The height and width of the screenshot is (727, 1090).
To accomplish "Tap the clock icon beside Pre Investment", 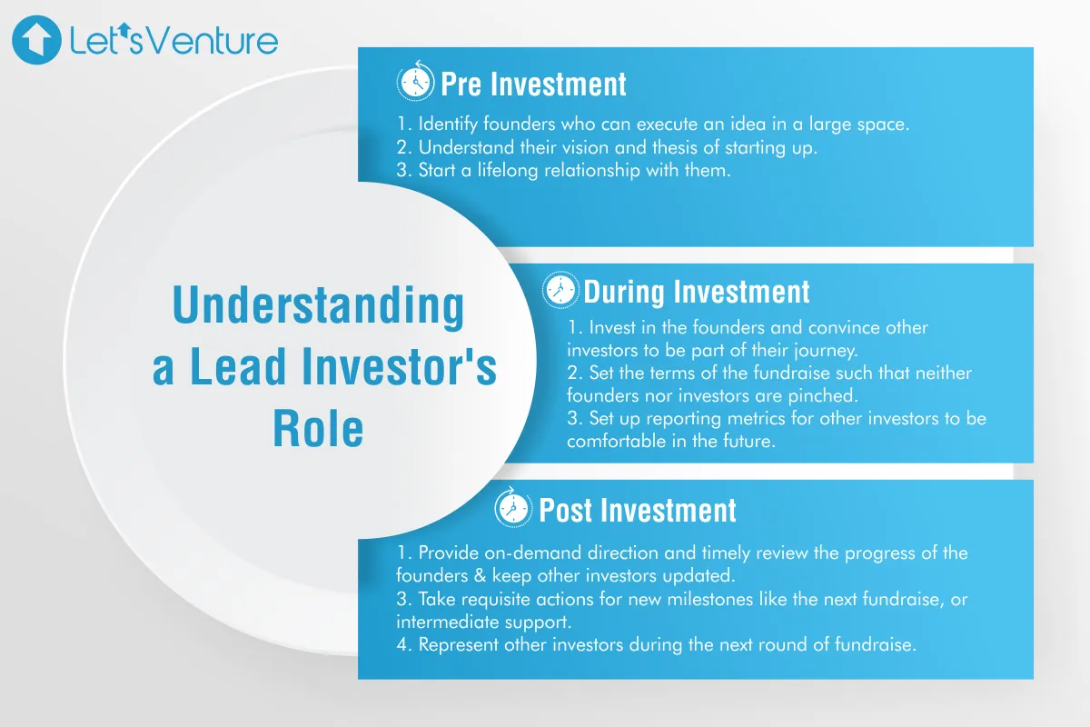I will click(x=415, y=84).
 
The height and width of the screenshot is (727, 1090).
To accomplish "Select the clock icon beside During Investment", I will click(x=560, y=292).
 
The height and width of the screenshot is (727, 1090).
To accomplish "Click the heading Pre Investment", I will click(x=533, y=85).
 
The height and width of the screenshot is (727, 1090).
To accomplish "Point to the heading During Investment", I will click(x=696, y=292).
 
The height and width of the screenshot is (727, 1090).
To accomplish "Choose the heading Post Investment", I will click(x=638, y=510).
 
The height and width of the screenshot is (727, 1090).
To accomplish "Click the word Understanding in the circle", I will click(x=318, y=307).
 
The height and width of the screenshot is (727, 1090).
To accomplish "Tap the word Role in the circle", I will click(x=318, y=428).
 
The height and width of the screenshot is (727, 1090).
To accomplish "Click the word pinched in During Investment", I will click(x=827, y=395).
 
